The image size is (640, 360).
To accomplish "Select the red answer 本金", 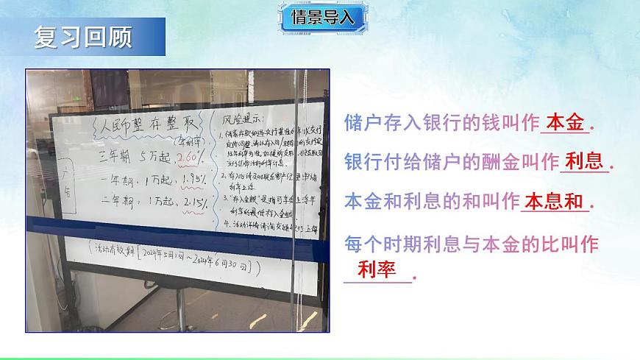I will click(565, 124).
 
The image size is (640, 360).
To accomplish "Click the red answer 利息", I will click(584, 162).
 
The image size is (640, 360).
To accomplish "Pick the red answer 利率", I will click(377, 270).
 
